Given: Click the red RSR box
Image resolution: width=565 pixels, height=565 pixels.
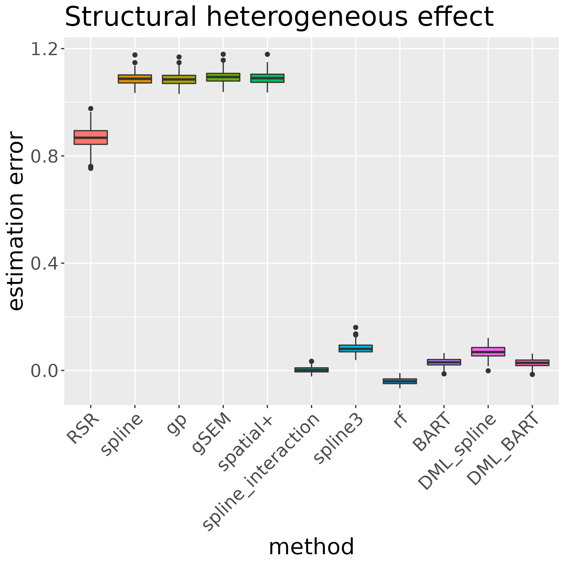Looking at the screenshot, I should pyautogui.click(x=91, y=137).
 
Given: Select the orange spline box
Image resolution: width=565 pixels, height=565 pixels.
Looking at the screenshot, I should pyautogui.click(x=135, y=79).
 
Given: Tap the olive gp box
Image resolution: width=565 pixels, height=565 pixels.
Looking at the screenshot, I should pyautogui.click(x=179, y=79).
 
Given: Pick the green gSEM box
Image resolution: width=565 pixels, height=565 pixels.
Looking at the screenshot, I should pyautogui.click(x=223, y=77).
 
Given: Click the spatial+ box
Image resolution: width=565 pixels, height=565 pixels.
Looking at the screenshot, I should pyautogui.click(x=267, y=78).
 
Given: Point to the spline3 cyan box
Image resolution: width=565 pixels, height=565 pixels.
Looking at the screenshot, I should pyautogui.click(x=356, y=348).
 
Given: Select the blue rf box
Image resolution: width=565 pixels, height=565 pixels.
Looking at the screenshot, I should pyautogui.click(x=400, y=381).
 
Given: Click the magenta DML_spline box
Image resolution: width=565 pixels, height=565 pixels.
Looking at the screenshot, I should pyautogui.click(x=488, y=352).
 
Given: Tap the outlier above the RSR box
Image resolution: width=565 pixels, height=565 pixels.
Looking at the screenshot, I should pyautogui.click(x=91, y=108).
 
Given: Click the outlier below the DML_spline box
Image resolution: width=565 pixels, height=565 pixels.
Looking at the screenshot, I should pyautogui.click(x=488, y=371).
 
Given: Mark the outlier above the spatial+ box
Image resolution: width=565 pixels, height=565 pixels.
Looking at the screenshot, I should pyautogui.click(x=267, y=54).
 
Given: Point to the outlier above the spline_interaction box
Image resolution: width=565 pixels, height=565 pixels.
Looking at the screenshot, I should pyautogui.click(x=312, y=361).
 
